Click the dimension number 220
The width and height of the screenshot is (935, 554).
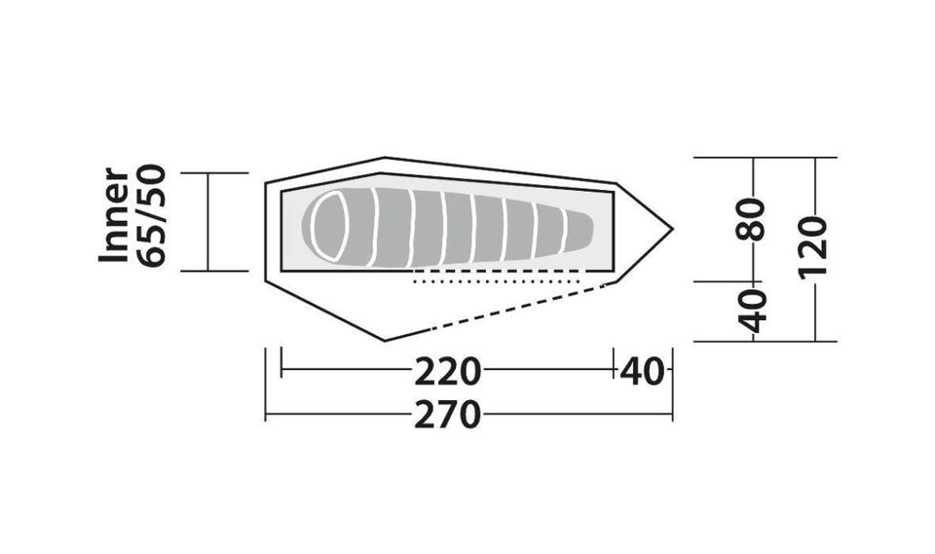(447, 371)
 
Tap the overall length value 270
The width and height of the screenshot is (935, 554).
(447, 415)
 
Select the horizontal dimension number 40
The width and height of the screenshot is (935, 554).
(642, 371)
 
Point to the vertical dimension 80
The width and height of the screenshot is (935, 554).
(751, 219)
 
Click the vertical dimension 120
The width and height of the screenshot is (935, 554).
(814, 245)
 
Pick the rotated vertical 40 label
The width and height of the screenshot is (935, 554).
(752, 311)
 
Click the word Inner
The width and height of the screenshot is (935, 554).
(114, 214)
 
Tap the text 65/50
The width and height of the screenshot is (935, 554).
(150, 215)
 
